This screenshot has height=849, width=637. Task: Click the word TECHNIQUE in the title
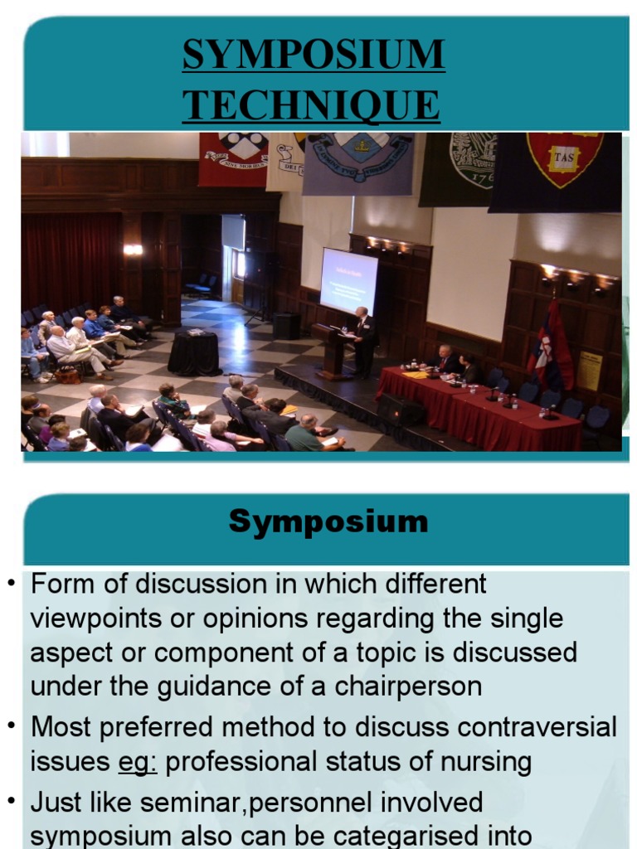(x=311, y=106)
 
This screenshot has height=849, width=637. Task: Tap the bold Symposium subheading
(x=328, y=522)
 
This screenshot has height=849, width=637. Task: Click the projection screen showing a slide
(x=348, y=282)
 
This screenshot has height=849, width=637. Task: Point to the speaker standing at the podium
(x=363, y=340)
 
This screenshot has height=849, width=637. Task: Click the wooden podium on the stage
(x=334, y=352)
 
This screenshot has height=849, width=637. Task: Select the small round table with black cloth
(x=195, y=352)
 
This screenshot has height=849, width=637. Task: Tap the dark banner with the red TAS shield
(x=556, y=170)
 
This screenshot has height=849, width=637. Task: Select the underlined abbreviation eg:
(x=138, y=762)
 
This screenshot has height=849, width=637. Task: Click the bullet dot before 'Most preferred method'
(x=12, y=726)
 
